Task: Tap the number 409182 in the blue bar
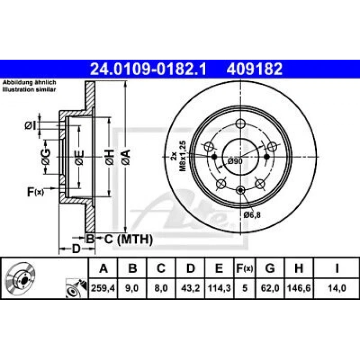(x=253, y=68)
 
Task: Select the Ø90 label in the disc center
(x=235, y=161)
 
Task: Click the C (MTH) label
(x=125, y=238)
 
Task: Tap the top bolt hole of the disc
(x=240, y=123)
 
